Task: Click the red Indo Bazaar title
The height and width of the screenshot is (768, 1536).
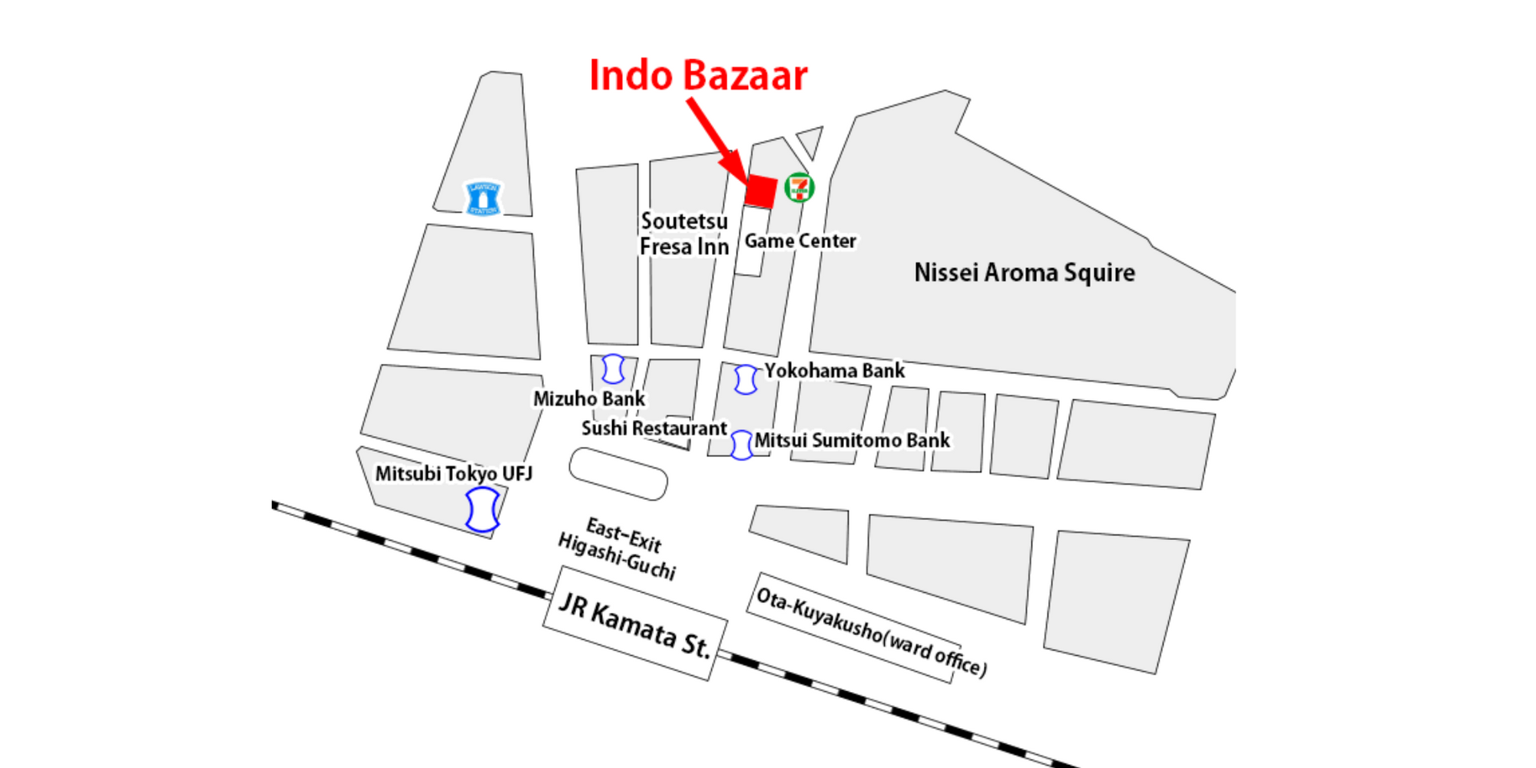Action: [698, 76]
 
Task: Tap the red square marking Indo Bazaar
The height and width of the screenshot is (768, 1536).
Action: [760, 191]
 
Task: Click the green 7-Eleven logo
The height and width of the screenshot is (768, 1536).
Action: [799, 188]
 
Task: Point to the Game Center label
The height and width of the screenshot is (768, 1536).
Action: [800, 241]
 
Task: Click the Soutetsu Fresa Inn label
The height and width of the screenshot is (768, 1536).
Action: [684, 234]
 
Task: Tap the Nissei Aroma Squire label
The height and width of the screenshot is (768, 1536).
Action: [1024, 273]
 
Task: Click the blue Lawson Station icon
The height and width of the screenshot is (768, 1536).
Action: [483, 198]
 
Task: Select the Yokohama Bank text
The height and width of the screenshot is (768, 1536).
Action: [834, 371]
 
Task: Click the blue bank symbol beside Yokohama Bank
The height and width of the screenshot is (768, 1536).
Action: [746, 379]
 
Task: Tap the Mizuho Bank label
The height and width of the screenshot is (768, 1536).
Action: [589, 398]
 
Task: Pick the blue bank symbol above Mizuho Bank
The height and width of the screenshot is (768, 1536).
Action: [613, 369]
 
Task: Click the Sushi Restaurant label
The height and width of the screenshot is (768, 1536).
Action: [654, 429]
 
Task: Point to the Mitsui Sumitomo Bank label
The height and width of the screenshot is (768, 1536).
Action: [852, 441]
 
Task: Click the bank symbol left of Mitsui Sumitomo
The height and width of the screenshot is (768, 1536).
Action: [742, 445]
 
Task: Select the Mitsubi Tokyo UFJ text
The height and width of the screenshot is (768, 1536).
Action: [454, 474]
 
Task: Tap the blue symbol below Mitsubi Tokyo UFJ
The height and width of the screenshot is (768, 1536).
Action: [482, 510]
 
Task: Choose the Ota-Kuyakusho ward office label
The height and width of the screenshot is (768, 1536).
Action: [870, 630]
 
